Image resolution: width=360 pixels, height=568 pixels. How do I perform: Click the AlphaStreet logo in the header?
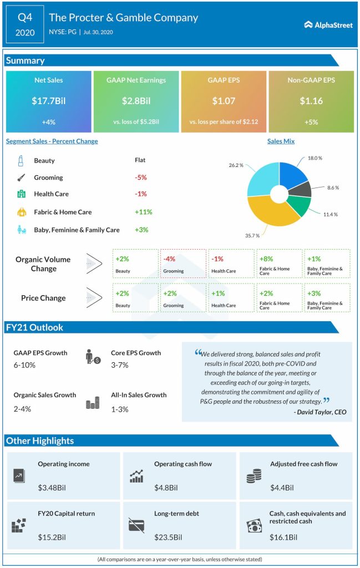[x=328, y=25]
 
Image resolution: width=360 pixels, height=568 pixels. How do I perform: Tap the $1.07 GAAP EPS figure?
[x=224, y=100]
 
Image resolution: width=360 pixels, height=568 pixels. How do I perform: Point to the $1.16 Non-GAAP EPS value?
[x=311, y=100]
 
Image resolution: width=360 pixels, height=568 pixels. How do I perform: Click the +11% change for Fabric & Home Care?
[x=143, y=212]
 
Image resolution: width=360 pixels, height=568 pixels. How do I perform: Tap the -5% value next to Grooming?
[x=141, y=177]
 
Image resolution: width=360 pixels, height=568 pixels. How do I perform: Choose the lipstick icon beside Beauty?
[x=21, y=160]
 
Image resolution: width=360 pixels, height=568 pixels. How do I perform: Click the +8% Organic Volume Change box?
[x=279, y=263]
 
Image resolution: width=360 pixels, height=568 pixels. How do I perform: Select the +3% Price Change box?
[x=327, y=297]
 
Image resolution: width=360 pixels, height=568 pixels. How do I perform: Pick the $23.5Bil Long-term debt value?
[x=166, y=537]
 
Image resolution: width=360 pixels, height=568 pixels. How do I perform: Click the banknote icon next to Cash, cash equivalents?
[x=254, y=525]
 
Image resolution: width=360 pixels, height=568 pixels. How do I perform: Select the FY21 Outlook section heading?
[x=34, y=327]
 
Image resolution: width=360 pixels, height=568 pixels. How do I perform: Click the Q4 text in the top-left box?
[x=25, y=17]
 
